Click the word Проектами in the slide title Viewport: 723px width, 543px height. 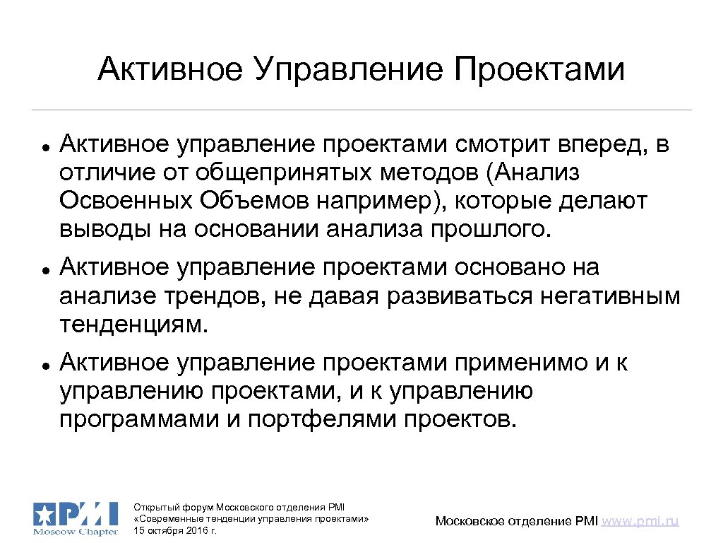(539, 70)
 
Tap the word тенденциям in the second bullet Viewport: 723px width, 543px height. (135, 325)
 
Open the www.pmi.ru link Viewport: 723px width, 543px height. (641, 521)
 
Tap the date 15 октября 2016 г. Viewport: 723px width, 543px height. (175, 530)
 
